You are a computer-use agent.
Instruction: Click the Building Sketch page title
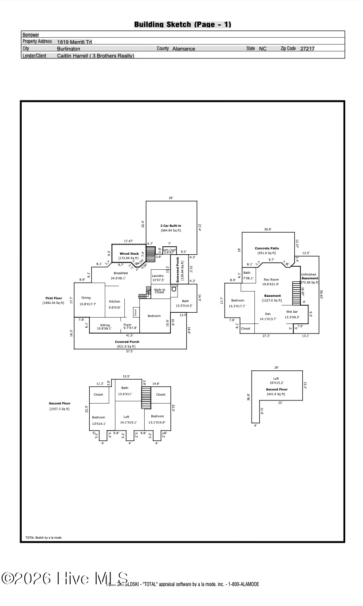[182, 25]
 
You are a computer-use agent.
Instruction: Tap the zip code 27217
[307, 49]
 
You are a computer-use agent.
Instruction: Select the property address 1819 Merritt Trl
[75, 42]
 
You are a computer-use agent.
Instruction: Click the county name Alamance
[183, 49]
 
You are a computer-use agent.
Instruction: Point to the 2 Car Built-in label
[171, 226]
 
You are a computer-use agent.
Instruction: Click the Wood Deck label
[129, 254]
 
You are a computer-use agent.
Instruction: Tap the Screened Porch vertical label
[178, 270]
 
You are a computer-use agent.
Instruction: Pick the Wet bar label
[292, 312]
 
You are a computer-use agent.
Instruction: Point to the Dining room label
[86, 298]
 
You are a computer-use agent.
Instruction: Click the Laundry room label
[158, 276]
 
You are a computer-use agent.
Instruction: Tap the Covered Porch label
[127, 342]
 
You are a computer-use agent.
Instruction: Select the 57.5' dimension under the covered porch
[130, 351]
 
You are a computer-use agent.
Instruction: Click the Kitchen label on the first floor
[114, 302]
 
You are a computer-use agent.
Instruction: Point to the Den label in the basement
[268, 314]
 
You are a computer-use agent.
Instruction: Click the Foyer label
[128, 325]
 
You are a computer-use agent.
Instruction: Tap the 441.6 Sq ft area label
[276, 394]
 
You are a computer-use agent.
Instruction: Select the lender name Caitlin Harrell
[74, 56]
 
